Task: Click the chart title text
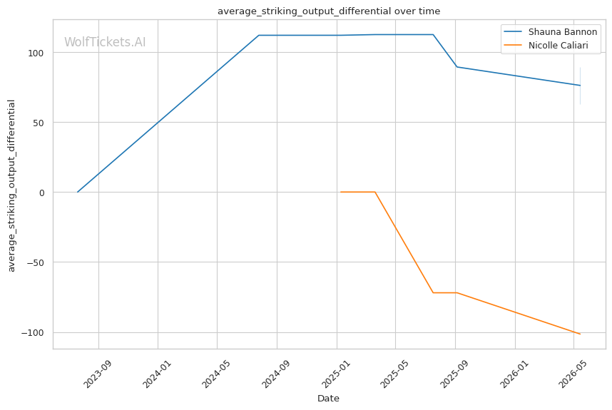click(x=329, y=11)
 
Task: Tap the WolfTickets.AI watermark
click(x=105, y=42)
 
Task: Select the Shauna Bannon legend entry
click(x=551, y=31)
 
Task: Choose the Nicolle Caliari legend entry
click(x=546, y=45)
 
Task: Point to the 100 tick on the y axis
click(x=36, y=53)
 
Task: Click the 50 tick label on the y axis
click(x=39, y=123)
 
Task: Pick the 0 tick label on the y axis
click(x=41, y=193)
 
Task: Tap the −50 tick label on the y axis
click(x=35, y=262)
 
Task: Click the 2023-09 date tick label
click(x=98, y=374)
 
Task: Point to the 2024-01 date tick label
click(x=156, y=374)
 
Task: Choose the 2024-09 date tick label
click(x=275, y=374)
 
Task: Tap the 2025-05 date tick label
click(x=394, y=374)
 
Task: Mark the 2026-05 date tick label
click(x=572, y=374)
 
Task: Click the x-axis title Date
click(x=328, y=399)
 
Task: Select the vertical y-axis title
click(x=11, y=185)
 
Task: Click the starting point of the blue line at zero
click(x=78, y=192)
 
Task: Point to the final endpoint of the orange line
click(x=581, y=334)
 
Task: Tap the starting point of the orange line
click(x=340, y=192)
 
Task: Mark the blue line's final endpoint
click(x=581, y=85)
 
